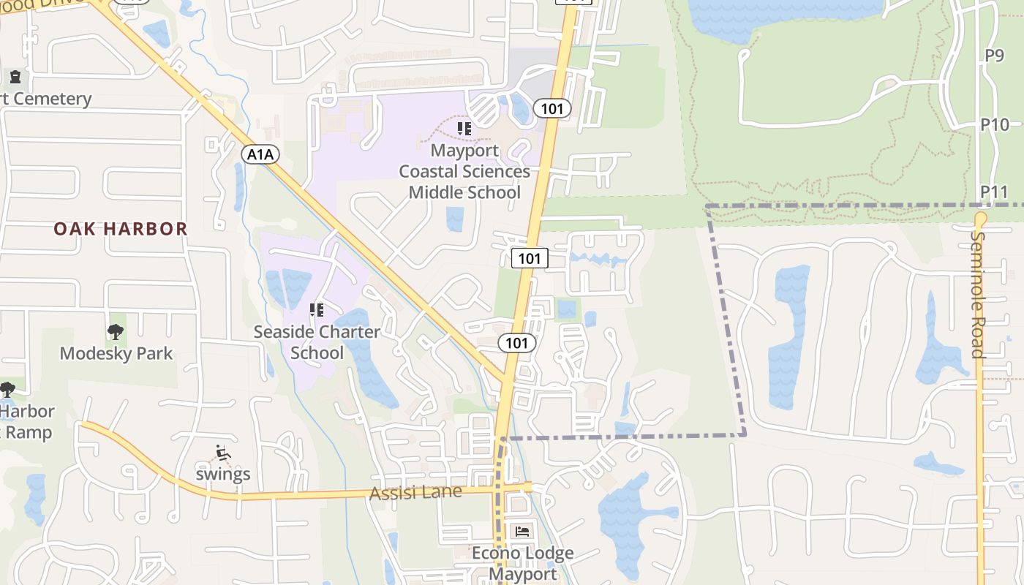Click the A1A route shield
click(x=261, y=154)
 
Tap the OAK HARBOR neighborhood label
click(x=121, y=229)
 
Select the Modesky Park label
click(x=116, y=353)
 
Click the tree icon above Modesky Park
click(x=115, y=332)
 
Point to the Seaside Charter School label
click(x=317, y=342)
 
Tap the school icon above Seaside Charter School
click(x=317, y=310)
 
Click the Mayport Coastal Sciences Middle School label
click(x=464, y=171)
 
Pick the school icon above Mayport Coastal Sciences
click(x=464, y=129)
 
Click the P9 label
click(x=994, y=55)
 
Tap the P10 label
click(x=995, y=124)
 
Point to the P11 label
click(x=995, y=192)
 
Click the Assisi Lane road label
click(x=415, y=492)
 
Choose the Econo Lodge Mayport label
click(x=522, y=563)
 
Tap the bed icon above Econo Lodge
click(x=522, y=532)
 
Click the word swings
click(x=223, y=474)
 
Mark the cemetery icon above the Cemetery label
click(x=15, y=77)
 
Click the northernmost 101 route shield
click(x=551, y=109)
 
